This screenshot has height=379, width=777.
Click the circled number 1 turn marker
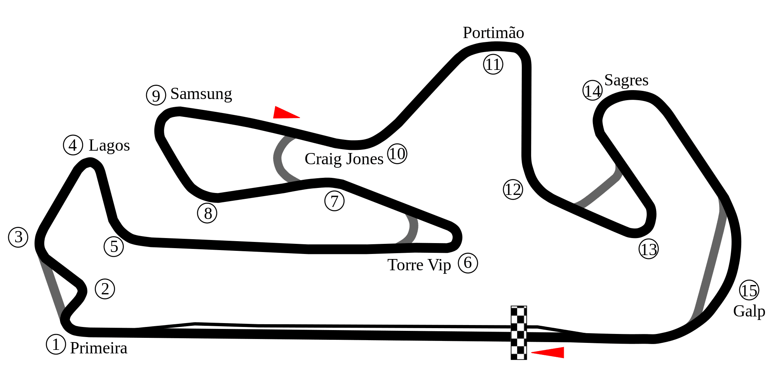point(56,344)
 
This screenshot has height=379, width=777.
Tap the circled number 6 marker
point(468,263)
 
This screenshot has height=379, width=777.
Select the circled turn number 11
point(493,64)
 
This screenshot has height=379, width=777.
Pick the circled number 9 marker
point(156,95)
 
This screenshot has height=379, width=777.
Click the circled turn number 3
point(18,237)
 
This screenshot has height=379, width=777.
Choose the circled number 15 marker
point(749,290)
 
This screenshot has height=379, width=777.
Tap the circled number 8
point(207,213)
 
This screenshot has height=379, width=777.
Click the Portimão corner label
point(493,33)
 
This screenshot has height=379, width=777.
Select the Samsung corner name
point(201,94)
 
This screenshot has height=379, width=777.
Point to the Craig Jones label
point(344,159)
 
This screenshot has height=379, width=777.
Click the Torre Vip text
point(419,265)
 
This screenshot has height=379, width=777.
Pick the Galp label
point(749,311)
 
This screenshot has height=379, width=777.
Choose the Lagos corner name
point(109,146)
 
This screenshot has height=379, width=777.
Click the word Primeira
point(99,348)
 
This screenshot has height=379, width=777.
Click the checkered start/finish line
point(519,333)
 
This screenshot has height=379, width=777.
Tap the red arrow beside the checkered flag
point(547,352)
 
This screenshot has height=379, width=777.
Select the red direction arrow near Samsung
point(286,112)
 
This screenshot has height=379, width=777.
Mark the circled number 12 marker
point(513,189)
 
